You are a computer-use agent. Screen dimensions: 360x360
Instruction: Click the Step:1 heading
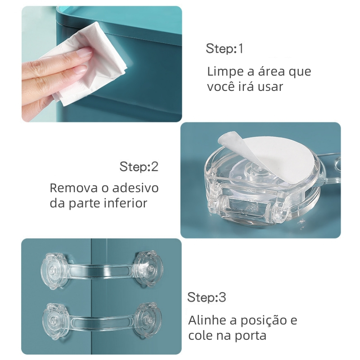point(224,49)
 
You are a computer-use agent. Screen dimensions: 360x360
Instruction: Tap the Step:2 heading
point(139,166)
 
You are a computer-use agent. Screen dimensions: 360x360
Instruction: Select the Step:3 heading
point(207,297)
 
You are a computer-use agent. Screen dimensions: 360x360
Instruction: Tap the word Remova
point(74,188)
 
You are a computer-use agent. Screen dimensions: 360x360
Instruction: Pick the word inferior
point(126,203)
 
